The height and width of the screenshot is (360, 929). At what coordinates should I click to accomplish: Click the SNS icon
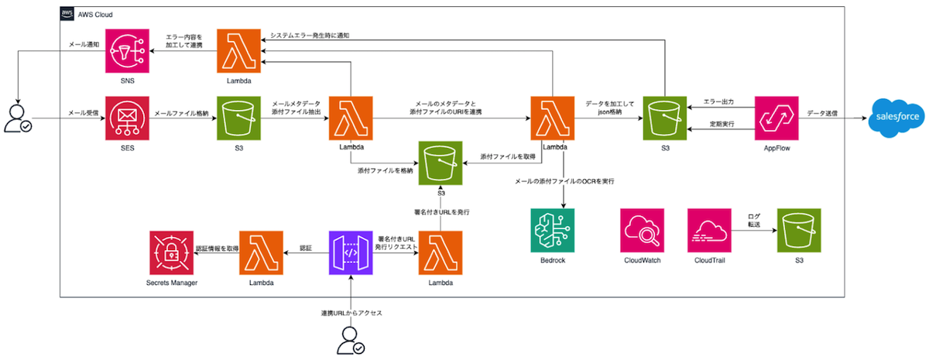coord(127,51)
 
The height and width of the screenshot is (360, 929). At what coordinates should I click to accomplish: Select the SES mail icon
coord(127,118)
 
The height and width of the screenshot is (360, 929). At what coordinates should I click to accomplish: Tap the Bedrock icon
coord(553,230)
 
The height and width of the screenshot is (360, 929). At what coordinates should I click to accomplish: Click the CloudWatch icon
coord(643,230)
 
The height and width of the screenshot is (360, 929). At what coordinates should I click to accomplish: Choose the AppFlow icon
coord(776,118)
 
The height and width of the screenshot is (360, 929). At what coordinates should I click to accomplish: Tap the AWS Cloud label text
coord(95,15)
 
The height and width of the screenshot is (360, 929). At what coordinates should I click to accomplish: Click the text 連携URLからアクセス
coord(351,313)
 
